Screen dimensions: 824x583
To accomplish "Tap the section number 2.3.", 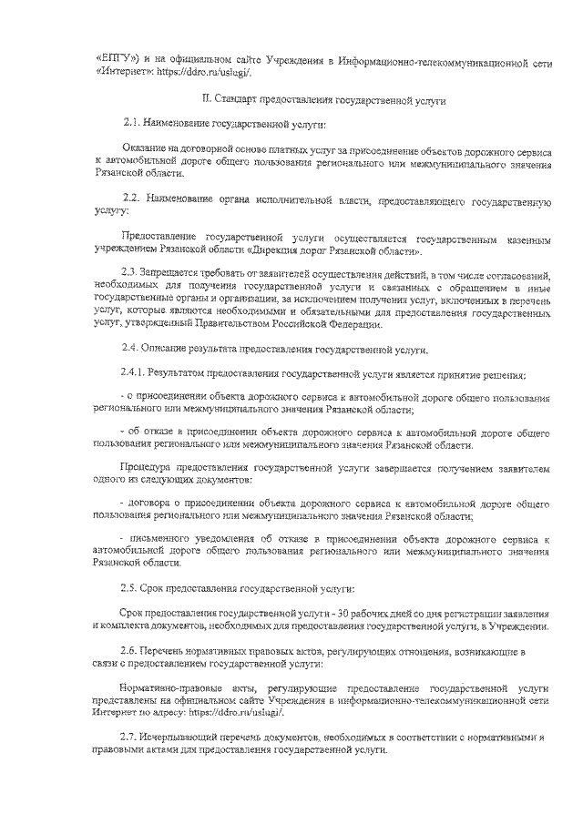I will click(130, 274).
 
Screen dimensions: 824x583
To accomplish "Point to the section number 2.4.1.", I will click(134, 375).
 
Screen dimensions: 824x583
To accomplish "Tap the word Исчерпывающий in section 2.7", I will click(189, 736).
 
